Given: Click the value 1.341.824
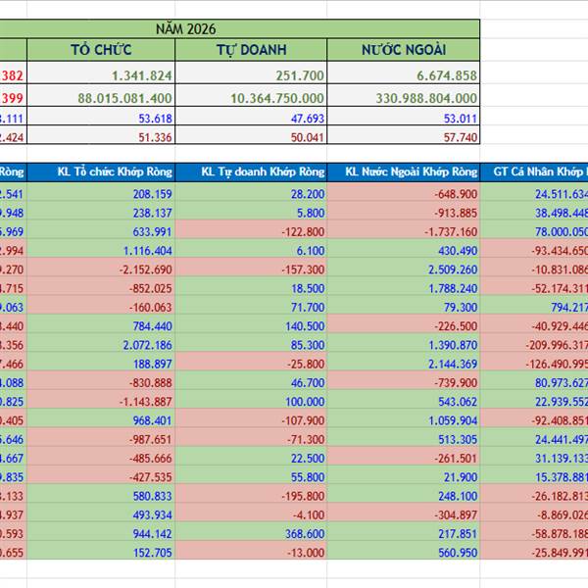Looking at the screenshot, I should click(x=142, y=75).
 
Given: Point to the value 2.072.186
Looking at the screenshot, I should click(x=143, y=345).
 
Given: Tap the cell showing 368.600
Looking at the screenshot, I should click(x=304, y=534).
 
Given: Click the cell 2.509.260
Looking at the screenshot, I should click(x=447, y=269).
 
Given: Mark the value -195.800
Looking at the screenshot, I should click(x=301, y=497).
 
